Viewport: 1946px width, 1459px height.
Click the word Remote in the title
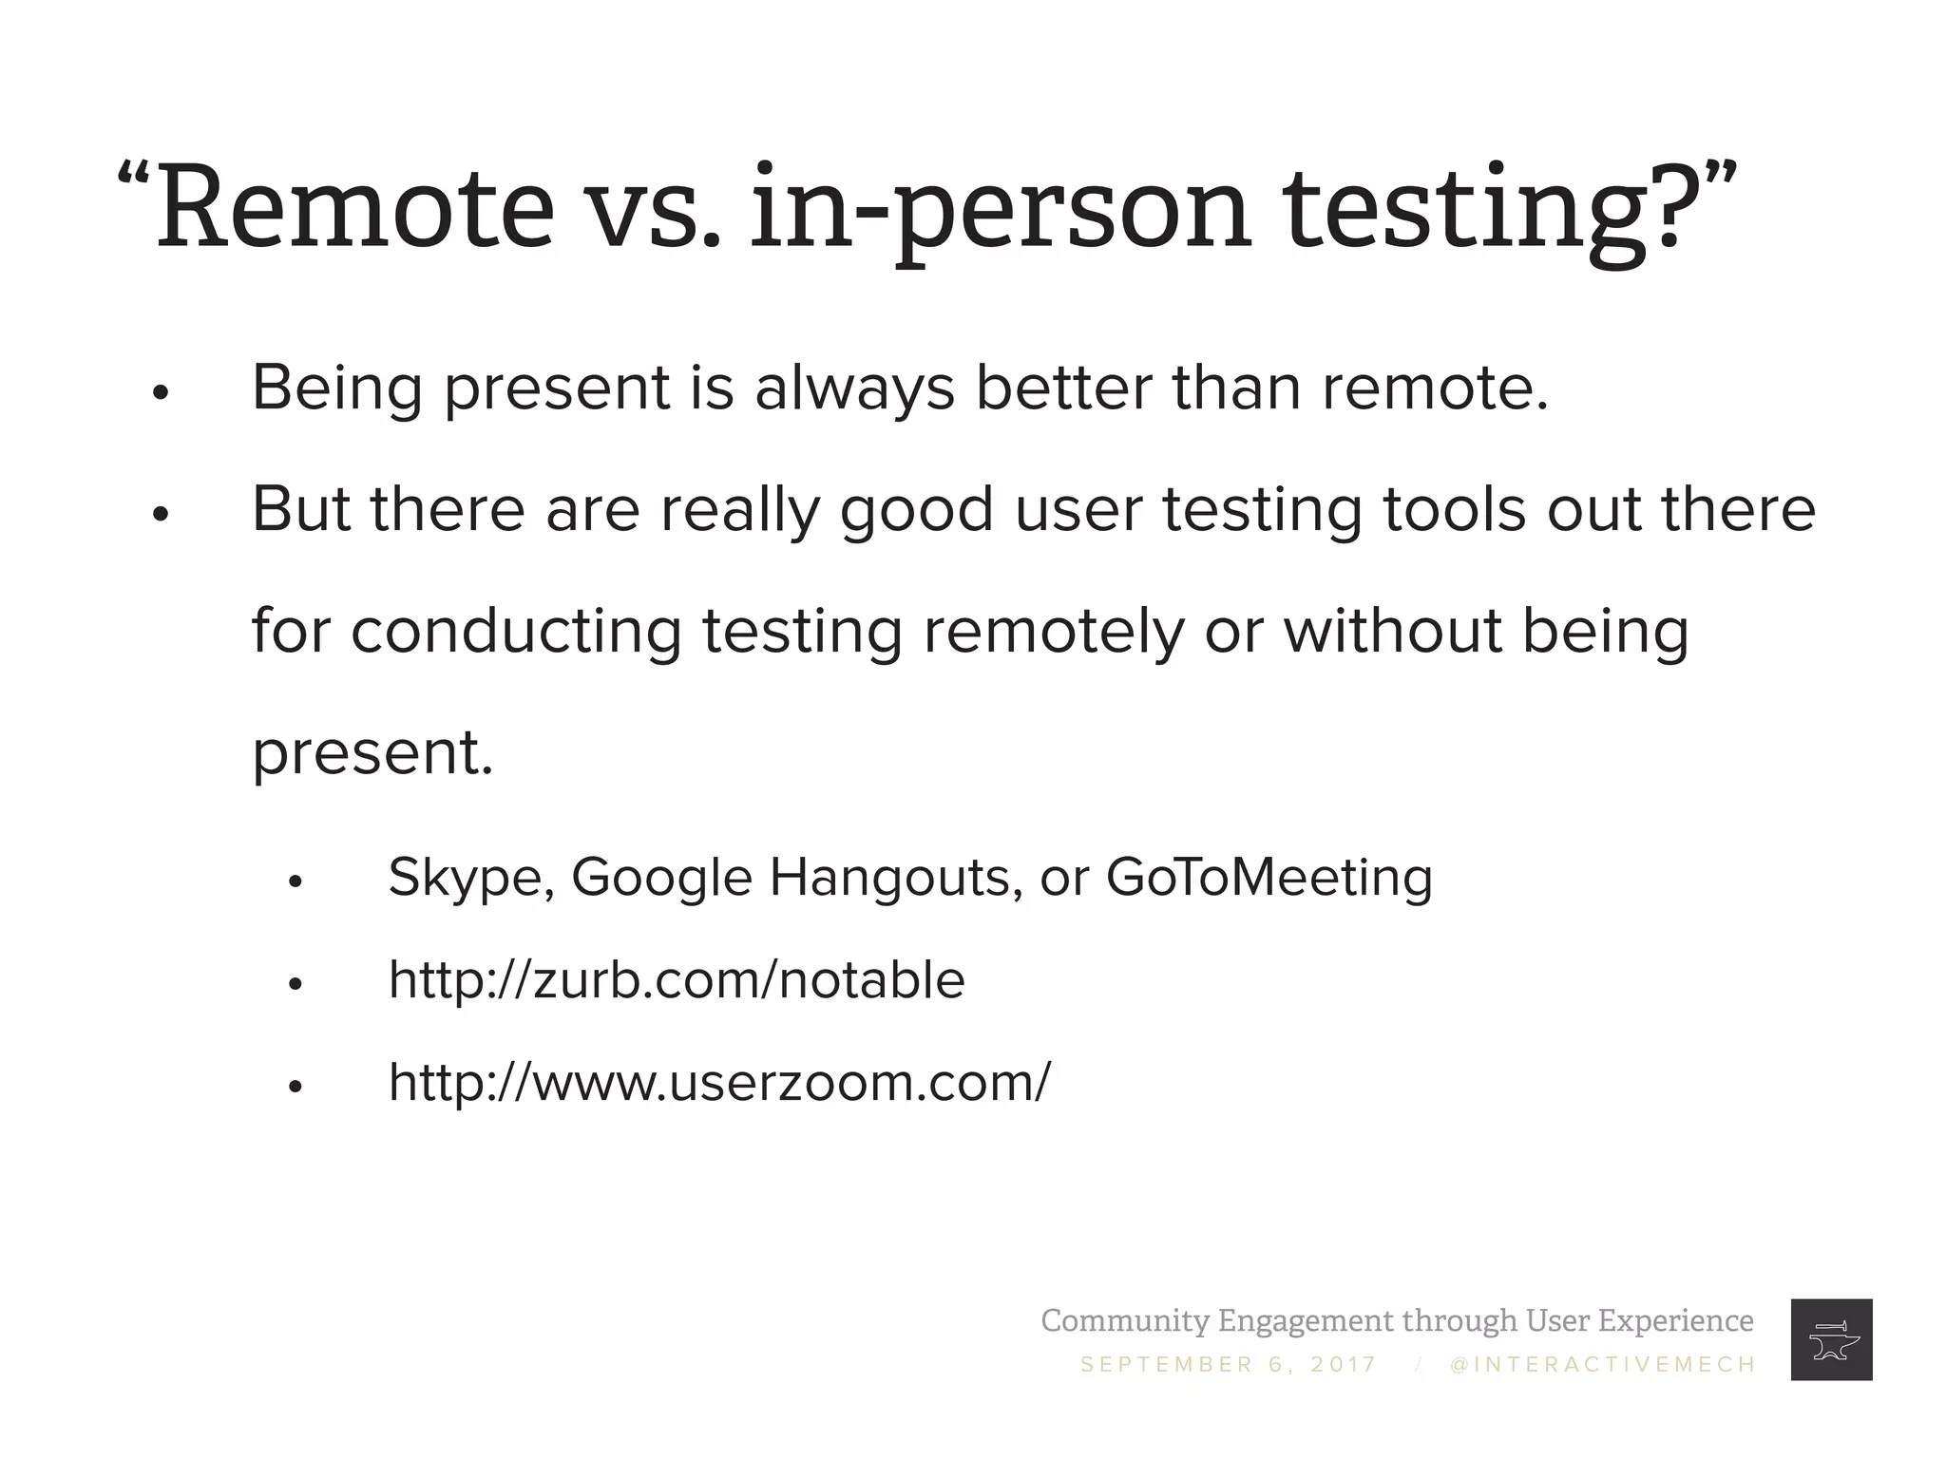click(x=354, y=207)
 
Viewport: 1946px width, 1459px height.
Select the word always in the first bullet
click(x=854, y=388)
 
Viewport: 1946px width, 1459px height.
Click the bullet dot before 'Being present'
click(x=160, y=392)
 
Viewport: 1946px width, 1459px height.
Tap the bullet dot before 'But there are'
click(x=160, y=514)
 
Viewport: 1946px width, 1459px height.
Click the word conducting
click(x=516, y=631)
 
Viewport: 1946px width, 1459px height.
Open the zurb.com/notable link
click(x=677, y=979)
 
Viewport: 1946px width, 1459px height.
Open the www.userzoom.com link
click(x=719, y=1082)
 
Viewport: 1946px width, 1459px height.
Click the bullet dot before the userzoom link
click(x=295, y=1087)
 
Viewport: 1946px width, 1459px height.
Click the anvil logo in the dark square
click(x=1830, y=1339)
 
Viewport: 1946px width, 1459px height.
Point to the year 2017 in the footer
click(x=1343, y=1365)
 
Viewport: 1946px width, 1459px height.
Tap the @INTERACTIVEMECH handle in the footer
click(x=1603, y=1365)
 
